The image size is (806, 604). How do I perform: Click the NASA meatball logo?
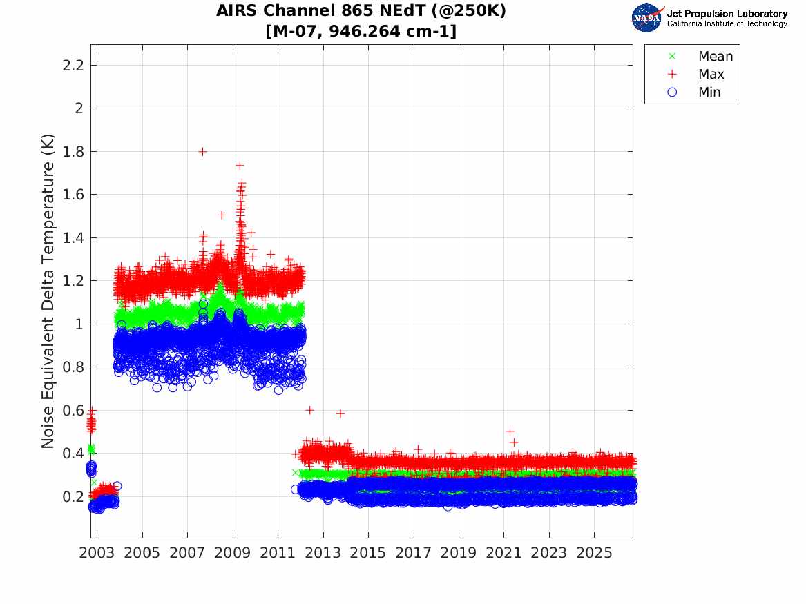click(646, 18)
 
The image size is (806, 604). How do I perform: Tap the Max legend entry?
click(695, 74)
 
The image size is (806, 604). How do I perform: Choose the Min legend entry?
click(694, 92)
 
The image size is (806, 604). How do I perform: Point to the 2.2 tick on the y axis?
click(73, 65)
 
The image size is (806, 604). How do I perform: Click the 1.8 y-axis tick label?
click(73, 151)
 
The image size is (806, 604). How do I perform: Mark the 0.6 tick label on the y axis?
click(73, 410)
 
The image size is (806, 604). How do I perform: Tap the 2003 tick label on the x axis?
click(97, 553)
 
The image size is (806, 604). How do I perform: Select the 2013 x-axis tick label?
click(323, 553)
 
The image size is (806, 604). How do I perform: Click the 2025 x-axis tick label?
click(594, 553)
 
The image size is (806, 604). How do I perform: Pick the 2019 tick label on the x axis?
click(459, 553)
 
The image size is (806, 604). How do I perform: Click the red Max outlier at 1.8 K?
click(202, 151)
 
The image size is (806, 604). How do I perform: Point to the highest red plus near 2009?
click(240, 166)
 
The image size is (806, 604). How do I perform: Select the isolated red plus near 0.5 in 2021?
click(510, 431)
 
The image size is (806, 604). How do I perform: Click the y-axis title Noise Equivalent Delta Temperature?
click(47, 291)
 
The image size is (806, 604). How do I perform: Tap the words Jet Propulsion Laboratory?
click(727, 14)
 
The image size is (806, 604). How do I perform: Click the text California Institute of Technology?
click(727, 23)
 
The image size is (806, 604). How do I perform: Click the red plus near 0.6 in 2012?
click(309, 410)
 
